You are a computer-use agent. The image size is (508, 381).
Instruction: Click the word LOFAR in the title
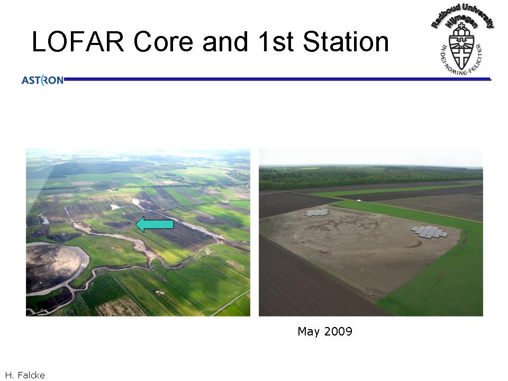78,41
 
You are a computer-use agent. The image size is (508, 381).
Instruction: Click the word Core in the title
164,41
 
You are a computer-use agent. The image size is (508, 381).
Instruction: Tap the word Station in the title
346,41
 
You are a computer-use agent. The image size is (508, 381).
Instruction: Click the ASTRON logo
42,80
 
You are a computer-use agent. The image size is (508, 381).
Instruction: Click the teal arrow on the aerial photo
155,224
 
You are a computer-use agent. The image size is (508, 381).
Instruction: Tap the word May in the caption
309,331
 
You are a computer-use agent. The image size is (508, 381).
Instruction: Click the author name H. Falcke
25,375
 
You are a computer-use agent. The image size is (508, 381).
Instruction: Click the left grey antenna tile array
317,213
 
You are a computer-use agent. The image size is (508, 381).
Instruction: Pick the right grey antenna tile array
429,232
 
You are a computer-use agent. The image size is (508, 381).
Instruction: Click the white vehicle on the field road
359,201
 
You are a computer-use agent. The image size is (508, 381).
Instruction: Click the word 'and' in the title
225,41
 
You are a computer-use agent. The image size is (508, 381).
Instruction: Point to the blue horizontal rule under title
277,79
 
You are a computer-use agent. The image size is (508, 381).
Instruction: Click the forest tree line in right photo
370,178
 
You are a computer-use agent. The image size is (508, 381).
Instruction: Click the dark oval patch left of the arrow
117,224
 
